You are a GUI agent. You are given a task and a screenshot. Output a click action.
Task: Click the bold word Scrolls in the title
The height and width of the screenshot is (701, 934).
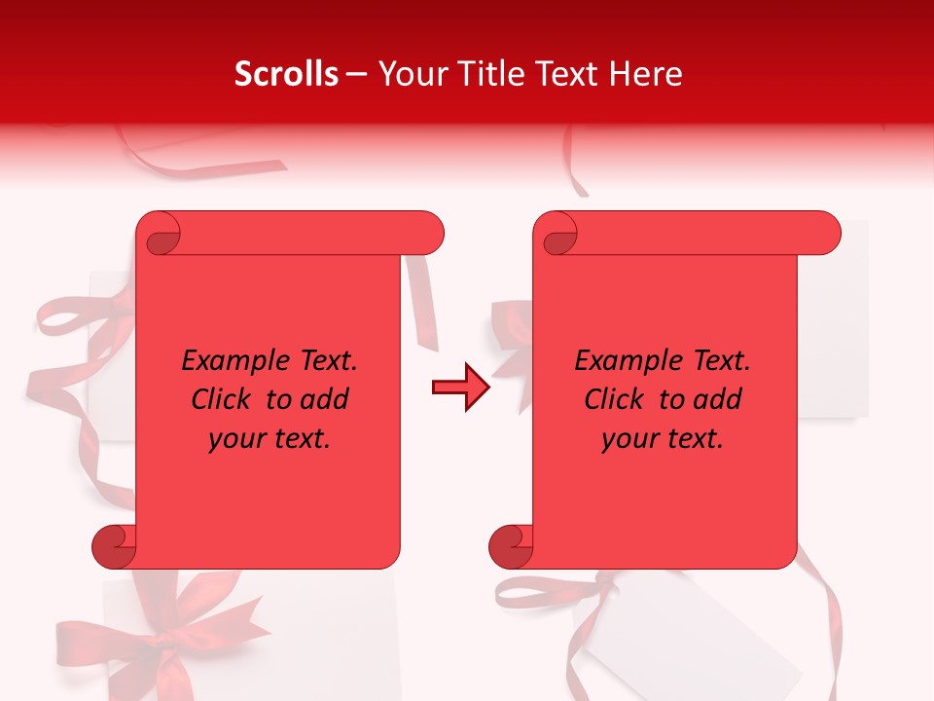coord(286,74)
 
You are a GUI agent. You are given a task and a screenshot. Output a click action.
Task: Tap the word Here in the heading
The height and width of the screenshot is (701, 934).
coord(645,74)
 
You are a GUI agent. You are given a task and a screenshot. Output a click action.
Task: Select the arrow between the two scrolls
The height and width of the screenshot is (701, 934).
coord(460,387)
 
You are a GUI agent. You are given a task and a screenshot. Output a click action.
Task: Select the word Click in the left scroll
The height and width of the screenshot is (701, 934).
coord(222,399)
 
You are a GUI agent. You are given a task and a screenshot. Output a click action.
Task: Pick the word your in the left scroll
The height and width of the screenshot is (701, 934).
coord(236,439)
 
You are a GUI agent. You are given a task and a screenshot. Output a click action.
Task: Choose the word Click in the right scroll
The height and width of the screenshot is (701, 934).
coord(615,399)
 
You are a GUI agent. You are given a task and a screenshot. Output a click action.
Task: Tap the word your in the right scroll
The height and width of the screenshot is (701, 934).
coord(629,439)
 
